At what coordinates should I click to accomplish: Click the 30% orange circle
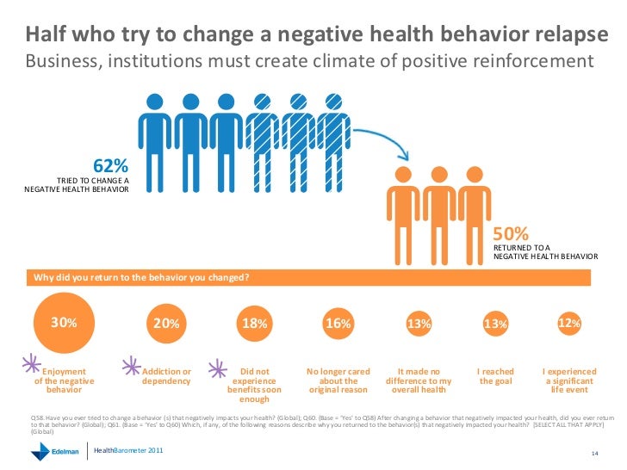pos(64,323)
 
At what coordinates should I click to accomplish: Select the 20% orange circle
pos(166,324)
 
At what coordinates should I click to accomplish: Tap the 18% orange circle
pos(255,324)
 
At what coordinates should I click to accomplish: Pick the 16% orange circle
pos(338,324)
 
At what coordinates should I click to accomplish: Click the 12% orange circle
pos(569,323)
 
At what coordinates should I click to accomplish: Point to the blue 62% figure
pos(110,165)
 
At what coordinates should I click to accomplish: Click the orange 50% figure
pos(510,234)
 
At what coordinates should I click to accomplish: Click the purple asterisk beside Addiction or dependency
pos(133,365)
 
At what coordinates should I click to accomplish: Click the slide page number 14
pos(594,454)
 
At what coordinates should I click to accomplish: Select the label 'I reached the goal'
pos(495,376)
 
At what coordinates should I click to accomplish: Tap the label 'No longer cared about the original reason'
pos(338,380)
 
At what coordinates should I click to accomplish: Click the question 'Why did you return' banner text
pos(141,277)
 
